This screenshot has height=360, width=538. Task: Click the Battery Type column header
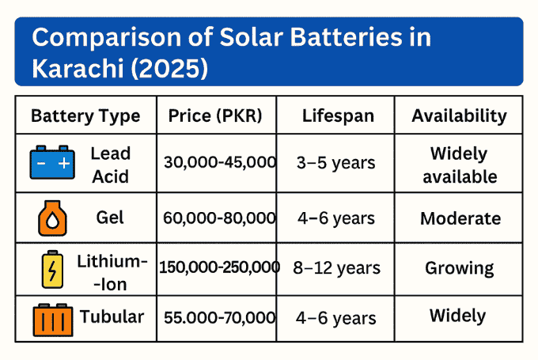point(85,116)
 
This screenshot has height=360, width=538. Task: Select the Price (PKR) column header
point(215,116)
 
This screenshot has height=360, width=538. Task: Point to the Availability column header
point(459,116)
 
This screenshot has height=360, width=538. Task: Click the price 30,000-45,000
point(219,162)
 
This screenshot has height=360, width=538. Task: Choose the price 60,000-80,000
point(219,218)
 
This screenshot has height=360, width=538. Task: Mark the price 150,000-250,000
point(219,267)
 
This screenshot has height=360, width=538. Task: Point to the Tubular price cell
point(219,318)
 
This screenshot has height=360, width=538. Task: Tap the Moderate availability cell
point(460,218)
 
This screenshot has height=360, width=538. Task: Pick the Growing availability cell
point(460,267)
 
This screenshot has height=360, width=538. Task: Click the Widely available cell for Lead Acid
point(460,164)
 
